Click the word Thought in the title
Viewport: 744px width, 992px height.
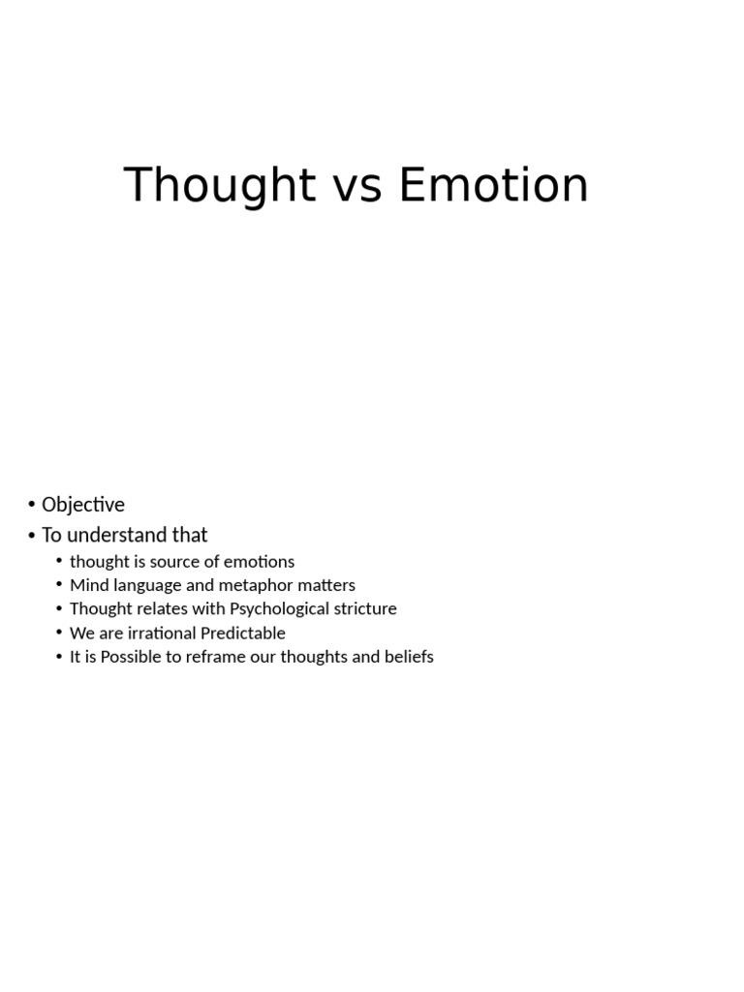(x=220, y=185)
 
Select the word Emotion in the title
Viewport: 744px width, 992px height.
(x=493, y=185)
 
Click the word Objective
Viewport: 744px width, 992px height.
(x=83, y=505)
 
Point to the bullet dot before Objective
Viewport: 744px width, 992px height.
(x=32, y=505)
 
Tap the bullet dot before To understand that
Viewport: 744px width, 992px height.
(x=32, y=535)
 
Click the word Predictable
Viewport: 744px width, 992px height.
(x=243, y=634)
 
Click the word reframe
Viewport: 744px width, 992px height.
(x=221, y=657)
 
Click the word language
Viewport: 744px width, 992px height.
(x=145, y=586)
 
